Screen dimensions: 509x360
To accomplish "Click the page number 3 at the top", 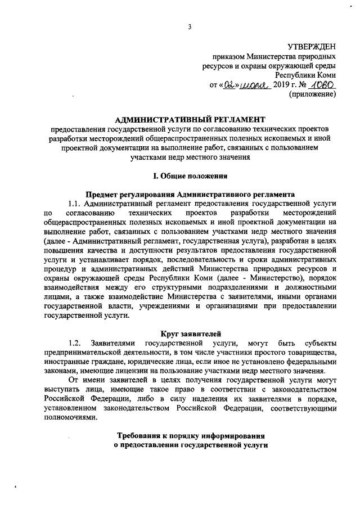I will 190,27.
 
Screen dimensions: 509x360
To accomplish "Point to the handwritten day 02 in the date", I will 227,84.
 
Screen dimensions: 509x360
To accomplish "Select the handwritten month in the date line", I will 254,85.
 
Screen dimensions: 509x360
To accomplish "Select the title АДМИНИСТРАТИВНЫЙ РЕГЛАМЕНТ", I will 189,119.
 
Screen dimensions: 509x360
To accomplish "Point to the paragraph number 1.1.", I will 75,203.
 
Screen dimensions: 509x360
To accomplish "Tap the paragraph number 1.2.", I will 75,343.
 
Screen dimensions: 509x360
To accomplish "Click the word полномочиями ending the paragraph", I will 69,415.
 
